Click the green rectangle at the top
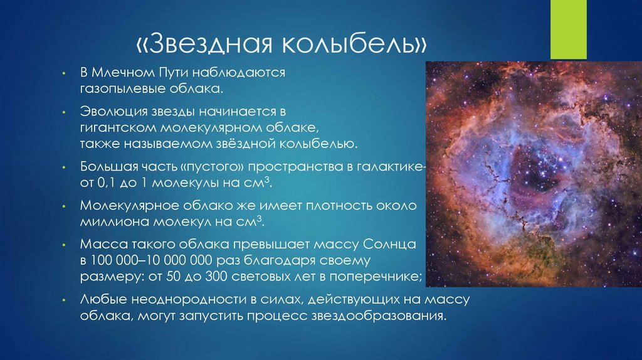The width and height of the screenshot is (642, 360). (x=568, y=29)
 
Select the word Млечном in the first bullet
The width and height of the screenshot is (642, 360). (x=124, y=73)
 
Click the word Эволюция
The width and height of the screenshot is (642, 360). (x=114, y=112)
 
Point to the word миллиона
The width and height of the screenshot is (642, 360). (x=114, y=223)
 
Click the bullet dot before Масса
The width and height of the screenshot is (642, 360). (x=64, y=245)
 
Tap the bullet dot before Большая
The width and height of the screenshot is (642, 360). (x=64, y=168)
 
